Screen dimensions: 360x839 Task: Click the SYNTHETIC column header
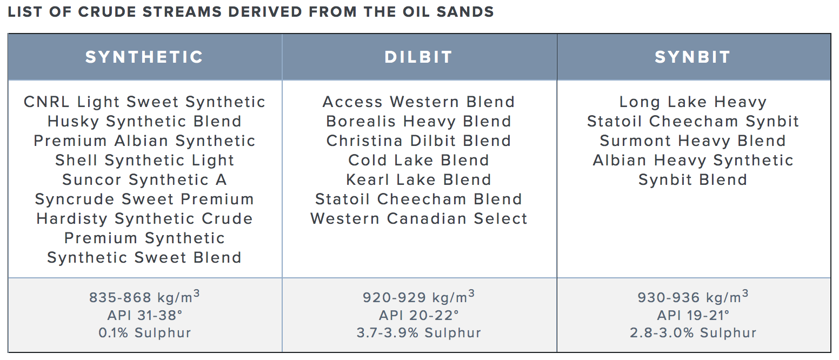tap(144, 57)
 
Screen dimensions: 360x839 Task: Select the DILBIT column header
tap(418, 57)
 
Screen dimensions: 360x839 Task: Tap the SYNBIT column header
tap(692, 57)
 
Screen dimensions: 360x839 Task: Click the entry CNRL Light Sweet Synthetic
tap(144, 102)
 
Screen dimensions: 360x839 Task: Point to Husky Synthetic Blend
tap(144, 122)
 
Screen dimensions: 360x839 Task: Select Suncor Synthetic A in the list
tap(144, 180)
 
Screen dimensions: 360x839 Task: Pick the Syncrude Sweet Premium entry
tap(144, 199)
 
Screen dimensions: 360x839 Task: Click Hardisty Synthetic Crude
tap(144, 219)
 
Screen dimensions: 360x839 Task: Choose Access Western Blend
tap(418, 102)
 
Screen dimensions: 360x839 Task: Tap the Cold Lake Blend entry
tap(418, 161)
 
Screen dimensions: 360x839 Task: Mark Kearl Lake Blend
tap(418, 180)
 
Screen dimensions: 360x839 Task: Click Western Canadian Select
tap(418, 219)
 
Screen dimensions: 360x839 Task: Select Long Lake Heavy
tap(692, 102)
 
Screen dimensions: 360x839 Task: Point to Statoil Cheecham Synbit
tap(692, 122)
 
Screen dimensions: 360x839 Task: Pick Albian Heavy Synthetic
tap(692, 161)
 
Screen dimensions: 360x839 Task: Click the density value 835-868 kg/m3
tap(144, 297)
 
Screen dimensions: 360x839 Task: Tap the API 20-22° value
tap(418, 316)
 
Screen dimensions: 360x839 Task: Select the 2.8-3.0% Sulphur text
tap(692, 333)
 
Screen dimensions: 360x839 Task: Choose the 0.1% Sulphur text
tap(144, 333)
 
